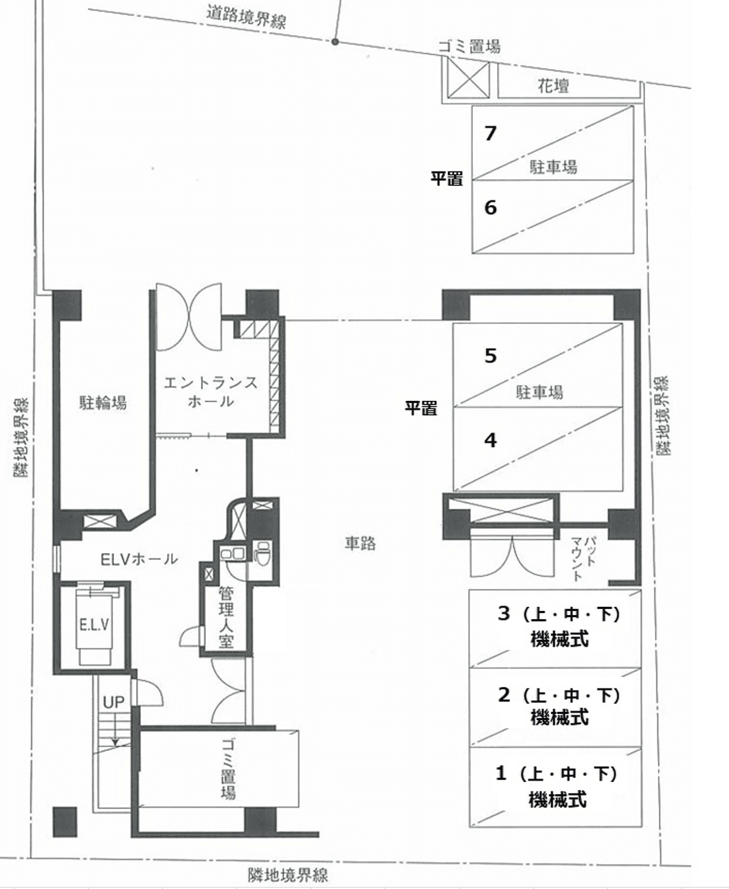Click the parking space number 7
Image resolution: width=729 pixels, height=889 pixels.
490,133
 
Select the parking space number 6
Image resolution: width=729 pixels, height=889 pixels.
490,207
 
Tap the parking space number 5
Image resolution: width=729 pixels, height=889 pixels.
490,356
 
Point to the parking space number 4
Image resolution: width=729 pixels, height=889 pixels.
490,440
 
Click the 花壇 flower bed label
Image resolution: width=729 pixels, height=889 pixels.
553,86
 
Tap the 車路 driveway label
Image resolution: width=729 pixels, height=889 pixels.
360,543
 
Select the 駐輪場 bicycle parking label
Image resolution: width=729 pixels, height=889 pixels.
103,403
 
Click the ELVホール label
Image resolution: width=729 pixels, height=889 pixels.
139,559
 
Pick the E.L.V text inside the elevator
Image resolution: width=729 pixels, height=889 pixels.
94,624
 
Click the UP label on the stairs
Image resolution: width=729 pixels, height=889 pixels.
113,702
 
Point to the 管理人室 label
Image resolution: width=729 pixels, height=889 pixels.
226,617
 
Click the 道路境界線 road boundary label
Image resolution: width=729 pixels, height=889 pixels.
247,18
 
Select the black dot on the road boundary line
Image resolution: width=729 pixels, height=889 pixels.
335,42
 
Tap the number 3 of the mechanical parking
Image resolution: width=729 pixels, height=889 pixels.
504,613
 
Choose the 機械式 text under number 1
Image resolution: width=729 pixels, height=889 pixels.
558,799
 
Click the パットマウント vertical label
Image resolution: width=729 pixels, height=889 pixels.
583,558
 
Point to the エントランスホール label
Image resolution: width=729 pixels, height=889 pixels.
210,391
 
